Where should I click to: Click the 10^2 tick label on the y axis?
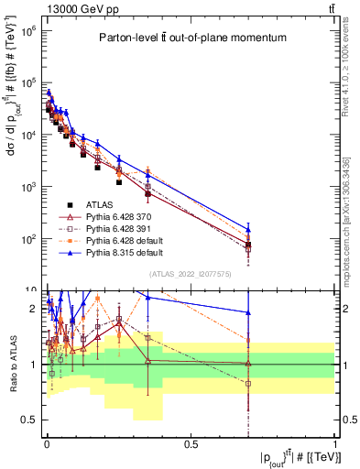28,239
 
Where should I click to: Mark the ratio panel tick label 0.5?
31,420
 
